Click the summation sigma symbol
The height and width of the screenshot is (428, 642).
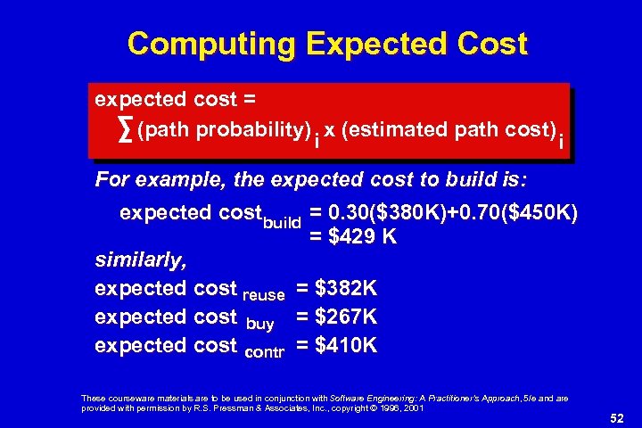(126, 131)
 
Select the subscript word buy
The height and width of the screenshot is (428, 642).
(258, 323)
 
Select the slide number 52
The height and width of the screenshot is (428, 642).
(614, 416)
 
